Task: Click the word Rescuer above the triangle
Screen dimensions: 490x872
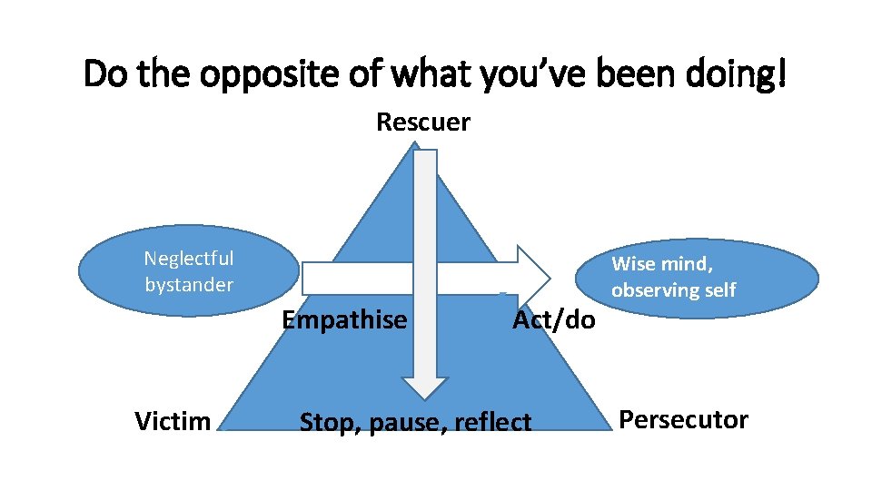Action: pos(423,122)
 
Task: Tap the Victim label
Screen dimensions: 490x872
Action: pos(173,421)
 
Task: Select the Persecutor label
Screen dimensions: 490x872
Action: pos(683,420)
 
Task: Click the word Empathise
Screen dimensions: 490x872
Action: pos(344,320)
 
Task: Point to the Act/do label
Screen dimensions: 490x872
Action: pos(554,320)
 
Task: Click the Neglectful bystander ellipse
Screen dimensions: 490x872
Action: pos(189,271)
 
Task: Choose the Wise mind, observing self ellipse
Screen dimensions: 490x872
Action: pos(715,277)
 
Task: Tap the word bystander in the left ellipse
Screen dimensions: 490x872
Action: pos(189,284)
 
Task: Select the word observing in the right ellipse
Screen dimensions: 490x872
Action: pos(654,290)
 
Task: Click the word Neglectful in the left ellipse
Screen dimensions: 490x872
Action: pos(189,259)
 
